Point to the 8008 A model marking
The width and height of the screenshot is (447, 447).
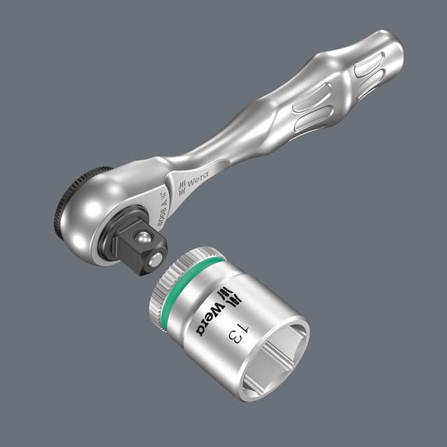pos(158,202)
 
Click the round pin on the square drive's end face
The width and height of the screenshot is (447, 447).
pos(157,263)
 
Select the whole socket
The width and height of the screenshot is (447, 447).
pos(230,321)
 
